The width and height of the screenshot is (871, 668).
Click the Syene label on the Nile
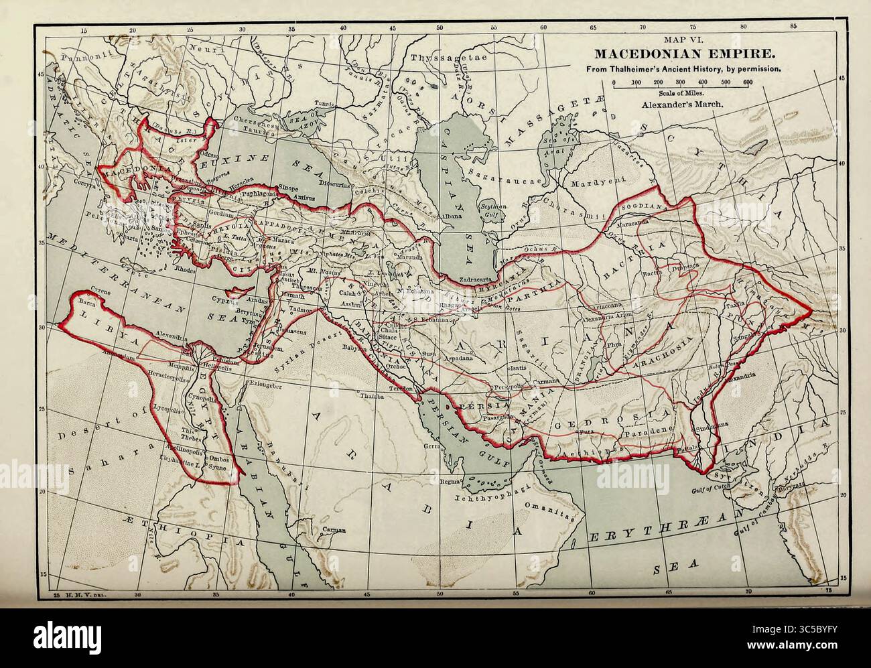coord(218,470)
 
